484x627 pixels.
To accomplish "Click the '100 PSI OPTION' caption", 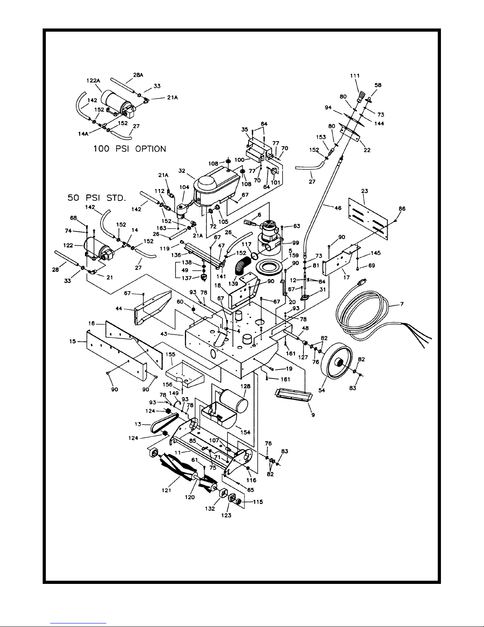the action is (x=130, y=149).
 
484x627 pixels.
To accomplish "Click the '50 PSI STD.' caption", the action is (x=97, y=198).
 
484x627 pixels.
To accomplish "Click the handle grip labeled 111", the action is (x=361, y=97).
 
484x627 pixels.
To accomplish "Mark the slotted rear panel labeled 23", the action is (x=368, y=218).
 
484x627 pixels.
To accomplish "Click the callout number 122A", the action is (x=93, y=81).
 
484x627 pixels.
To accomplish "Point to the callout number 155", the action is (x=170, y=354).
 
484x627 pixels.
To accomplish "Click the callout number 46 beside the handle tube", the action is (x=338, y=208).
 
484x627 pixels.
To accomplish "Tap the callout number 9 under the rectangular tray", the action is (x=313, y=415).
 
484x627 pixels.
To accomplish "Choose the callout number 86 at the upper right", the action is (x=402, y=208).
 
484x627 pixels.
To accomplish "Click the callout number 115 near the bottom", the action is (x=258, y=502).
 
